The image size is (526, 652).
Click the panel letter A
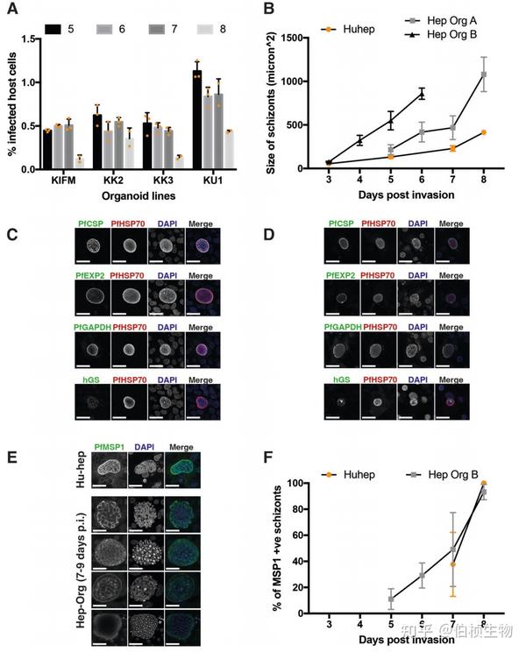click(x=12, y=11)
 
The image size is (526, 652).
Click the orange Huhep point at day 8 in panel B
click(x=482, y=132)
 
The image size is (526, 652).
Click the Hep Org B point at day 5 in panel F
click(x=391, y=599)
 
